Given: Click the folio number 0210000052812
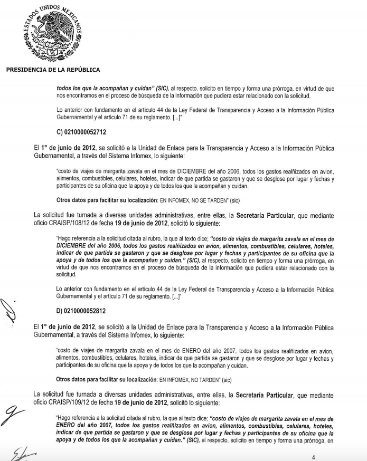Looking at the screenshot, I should coord(87,311).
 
